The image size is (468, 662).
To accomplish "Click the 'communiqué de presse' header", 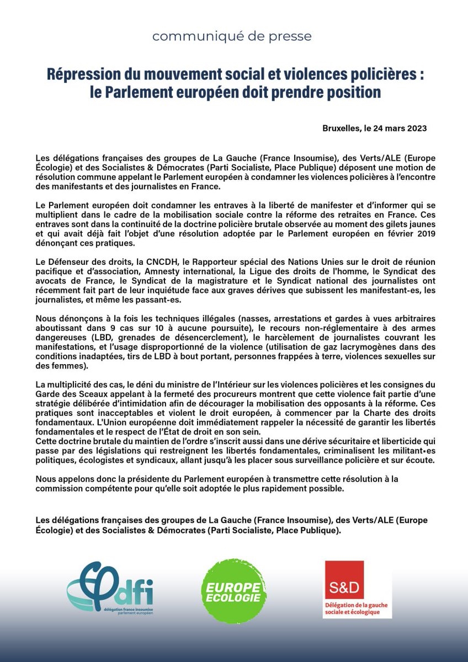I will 232,36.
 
